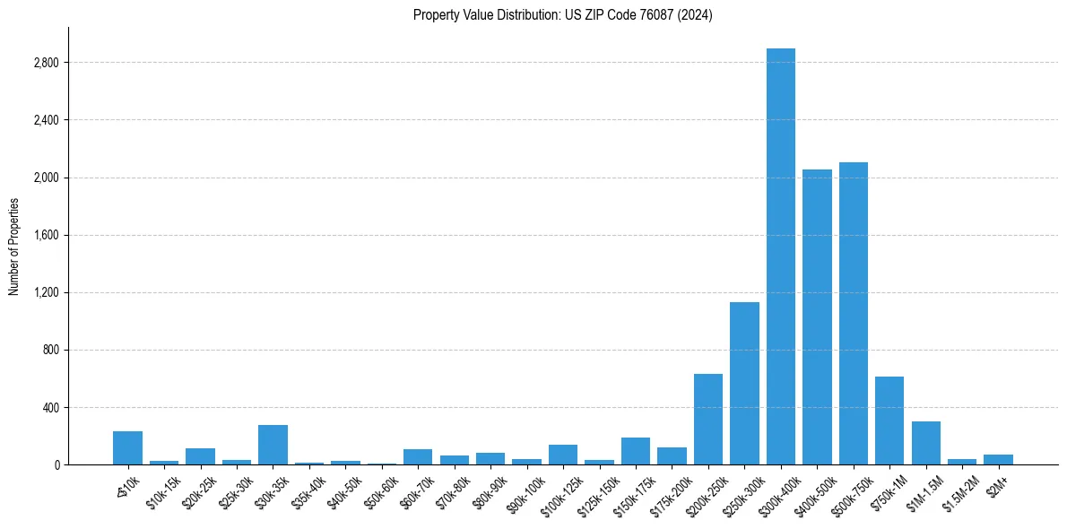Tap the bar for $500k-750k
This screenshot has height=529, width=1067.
(x=853, y=313)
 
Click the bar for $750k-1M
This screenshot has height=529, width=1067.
(x=889, y=421)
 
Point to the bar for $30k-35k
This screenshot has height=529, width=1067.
(x=273, y=445)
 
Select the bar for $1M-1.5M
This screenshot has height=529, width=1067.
(x=925, y=443)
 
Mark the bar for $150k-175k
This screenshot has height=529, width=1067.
(x=636, y=451)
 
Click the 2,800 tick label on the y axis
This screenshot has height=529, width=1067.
(x=46, y=63)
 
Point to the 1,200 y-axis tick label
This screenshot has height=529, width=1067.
(x=46, y=293)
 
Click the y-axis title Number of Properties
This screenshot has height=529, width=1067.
(x=13, y=246)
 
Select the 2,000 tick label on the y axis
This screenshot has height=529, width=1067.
(x=46, y=178)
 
